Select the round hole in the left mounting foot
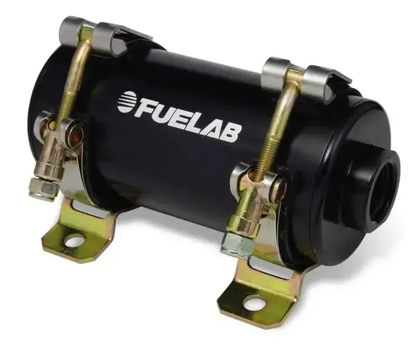[74, 241]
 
